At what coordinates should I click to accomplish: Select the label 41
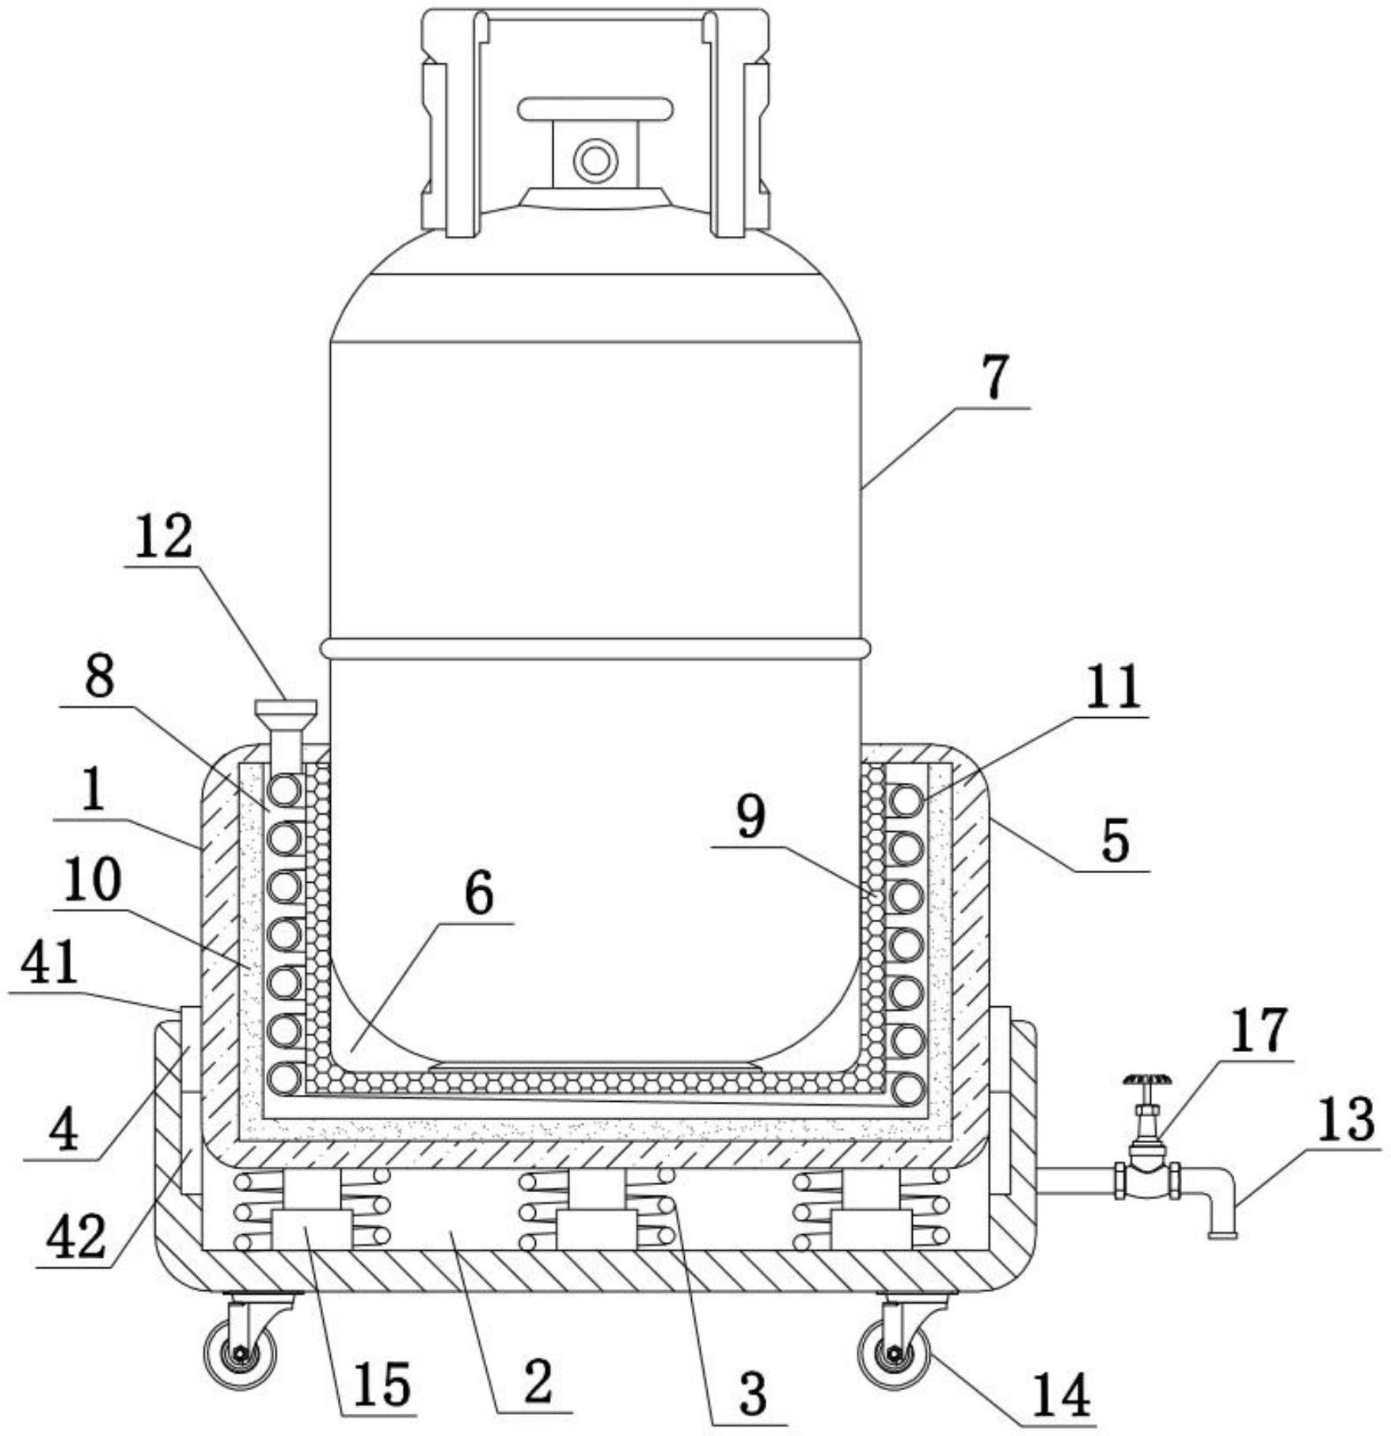(x=49, y=962)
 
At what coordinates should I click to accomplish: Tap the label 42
(x=76, y=1239)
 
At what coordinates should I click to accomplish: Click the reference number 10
(x=93, y=880)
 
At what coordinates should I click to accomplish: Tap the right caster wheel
(x=895, y=1354)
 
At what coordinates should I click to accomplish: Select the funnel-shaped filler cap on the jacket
(x=285, y=710)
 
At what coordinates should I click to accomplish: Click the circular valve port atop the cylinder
(x=595, y=161)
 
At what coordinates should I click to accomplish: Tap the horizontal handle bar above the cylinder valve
(x=595, y=109)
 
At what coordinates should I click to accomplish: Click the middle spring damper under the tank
(x=596, y=1210)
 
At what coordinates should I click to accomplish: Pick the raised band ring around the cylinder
(x=595, y=648)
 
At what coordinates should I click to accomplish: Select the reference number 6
(x=478, y=894)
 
